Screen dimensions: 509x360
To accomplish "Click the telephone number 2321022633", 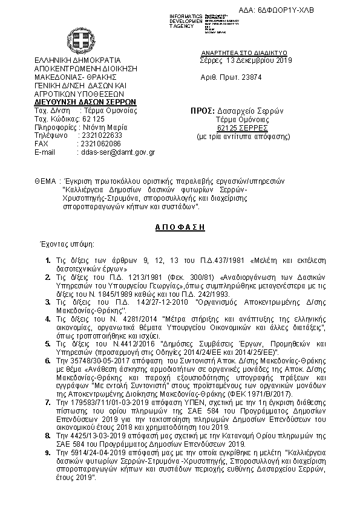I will pyautogui.click(x=101, y=135).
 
